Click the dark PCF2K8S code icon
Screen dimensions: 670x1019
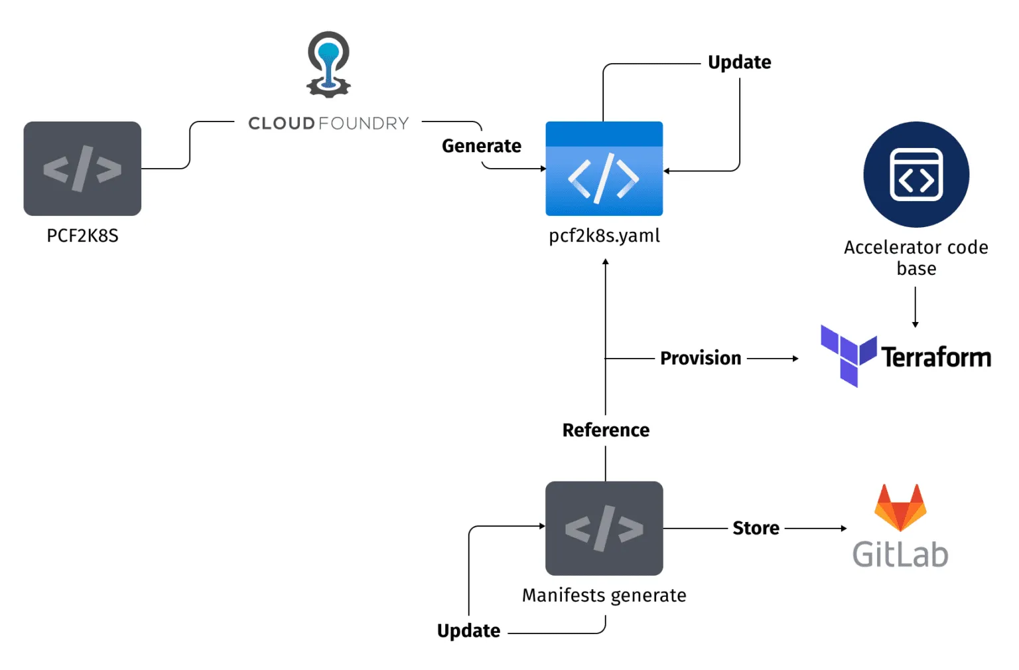click(82, 169)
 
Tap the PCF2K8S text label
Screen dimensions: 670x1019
click(82, 236)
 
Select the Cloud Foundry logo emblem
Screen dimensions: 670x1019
click(328, 64)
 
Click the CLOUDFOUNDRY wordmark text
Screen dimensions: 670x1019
click(328, 124)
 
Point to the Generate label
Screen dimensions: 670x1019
click(482, 146)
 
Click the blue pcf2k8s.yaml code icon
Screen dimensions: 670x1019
click(604, 169)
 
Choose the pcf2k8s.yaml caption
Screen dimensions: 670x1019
click(604, 236)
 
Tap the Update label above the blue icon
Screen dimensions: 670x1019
click(739, 62)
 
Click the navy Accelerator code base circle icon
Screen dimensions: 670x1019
click(916, 175)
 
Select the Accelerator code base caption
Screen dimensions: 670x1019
click(916, 258)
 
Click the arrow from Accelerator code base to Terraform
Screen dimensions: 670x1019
click(916, 307)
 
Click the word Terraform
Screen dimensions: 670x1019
click(935, 357)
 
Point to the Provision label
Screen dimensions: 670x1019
click(701, 359)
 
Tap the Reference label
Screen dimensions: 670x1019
click(606, 430)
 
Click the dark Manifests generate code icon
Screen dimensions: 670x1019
click(604, 529)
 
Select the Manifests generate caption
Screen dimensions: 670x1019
click(604, 596)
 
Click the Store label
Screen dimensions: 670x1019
click(756, 529)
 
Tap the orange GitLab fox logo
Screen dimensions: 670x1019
click(900, 508)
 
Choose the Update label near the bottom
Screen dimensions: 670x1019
click(468, 631)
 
